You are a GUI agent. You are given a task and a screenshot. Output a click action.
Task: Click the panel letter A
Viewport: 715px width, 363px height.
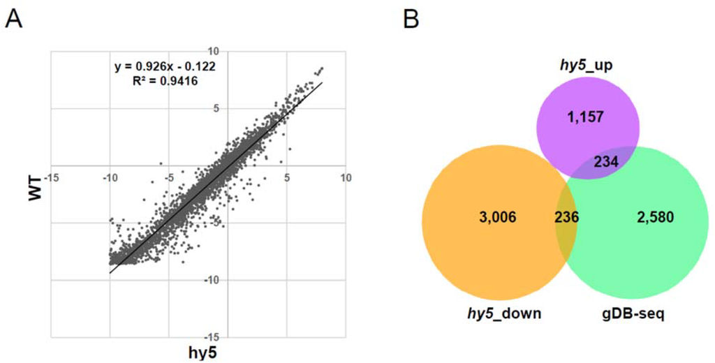[x=14, y=18]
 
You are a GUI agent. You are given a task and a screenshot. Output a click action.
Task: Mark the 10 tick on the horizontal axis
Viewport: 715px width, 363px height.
[x=345, y=178]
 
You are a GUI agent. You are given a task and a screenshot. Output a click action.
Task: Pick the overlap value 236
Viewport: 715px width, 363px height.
[x=566, y=217]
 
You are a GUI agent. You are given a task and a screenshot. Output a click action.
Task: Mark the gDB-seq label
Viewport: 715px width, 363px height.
[x=635, y=313]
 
